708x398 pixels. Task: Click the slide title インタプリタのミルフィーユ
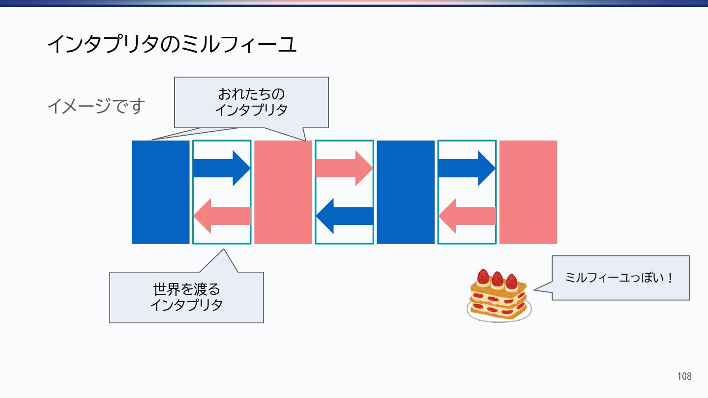coord(172,45)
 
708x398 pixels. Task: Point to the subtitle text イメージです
coord(96,106)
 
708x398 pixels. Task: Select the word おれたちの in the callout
coord(251,94)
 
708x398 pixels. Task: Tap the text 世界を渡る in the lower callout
coord(186,288)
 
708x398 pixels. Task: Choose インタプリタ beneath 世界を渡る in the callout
coord(186,305)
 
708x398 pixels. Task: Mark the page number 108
coord(684,376)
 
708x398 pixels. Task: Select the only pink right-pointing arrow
coord(344,168)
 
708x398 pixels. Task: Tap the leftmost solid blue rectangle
coord(160,192)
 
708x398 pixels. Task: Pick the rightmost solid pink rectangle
coord(528,192)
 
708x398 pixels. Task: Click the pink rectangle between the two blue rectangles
coord(283,192)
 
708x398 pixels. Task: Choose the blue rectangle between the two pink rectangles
coord(406,192)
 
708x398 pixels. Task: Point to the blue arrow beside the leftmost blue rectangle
coord(222,168)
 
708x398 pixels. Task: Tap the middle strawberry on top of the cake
coord(498,279)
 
